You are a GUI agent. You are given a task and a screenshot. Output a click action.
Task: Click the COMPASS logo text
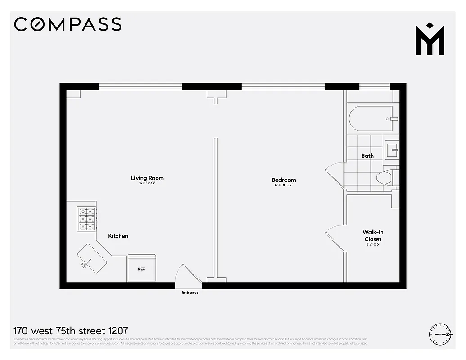coord(67,24)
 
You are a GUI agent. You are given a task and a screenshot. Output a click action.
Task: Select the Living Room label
coord(147,178)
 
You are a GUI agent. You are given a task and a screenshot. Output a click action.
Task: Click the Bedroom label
coord(283,180)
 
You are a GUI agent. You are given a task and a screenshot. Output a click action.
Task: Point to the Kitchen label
coord(118,236)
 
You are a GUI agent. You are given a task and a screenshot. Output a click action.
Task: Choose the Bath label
coord(367,156)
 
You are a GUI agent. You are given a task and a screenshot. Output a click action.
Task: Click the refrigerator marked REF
coord(141,269)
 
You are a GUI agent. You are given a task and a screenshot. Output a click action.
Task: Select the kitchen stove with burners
coord(86,219)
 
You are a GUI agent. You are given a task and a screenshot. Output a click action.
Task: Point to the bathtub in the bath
coord(371,119)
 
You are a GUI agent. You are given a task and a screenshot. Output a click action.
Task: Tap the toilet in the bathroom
coord(385,178)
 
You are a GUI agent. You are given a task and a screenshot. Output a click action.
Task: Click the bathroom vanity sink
coord(392,148)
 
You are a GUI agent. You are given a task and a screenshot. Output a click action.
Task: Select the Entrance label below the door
coord(190,292)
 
